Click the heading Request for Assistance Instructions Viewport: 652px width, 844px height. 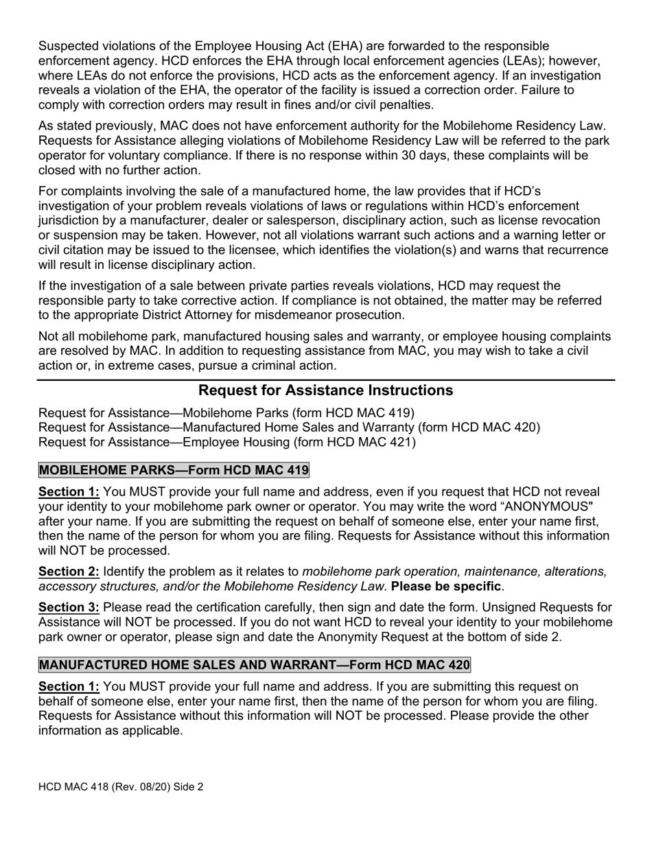[325, 390]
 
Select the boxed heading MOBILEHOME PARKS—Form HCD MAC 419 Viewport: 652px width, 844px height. [174, 470]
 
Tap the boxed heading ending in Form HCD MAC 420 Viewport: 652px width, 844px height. [255, 665]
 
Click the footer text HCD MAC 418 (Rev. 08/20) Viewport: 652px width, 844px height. [121, 787]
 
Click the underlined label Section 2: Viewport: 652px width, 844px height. [69, 571]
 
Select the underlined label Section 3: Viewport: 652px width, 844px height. [69, 607]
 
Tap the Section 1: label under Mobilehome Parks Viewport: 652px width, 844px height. [69, 492]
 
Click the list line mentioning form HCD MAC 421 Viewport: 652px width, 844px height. [227, 443]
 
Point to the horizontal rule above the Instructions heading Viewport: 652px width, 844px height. [325, 379]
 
